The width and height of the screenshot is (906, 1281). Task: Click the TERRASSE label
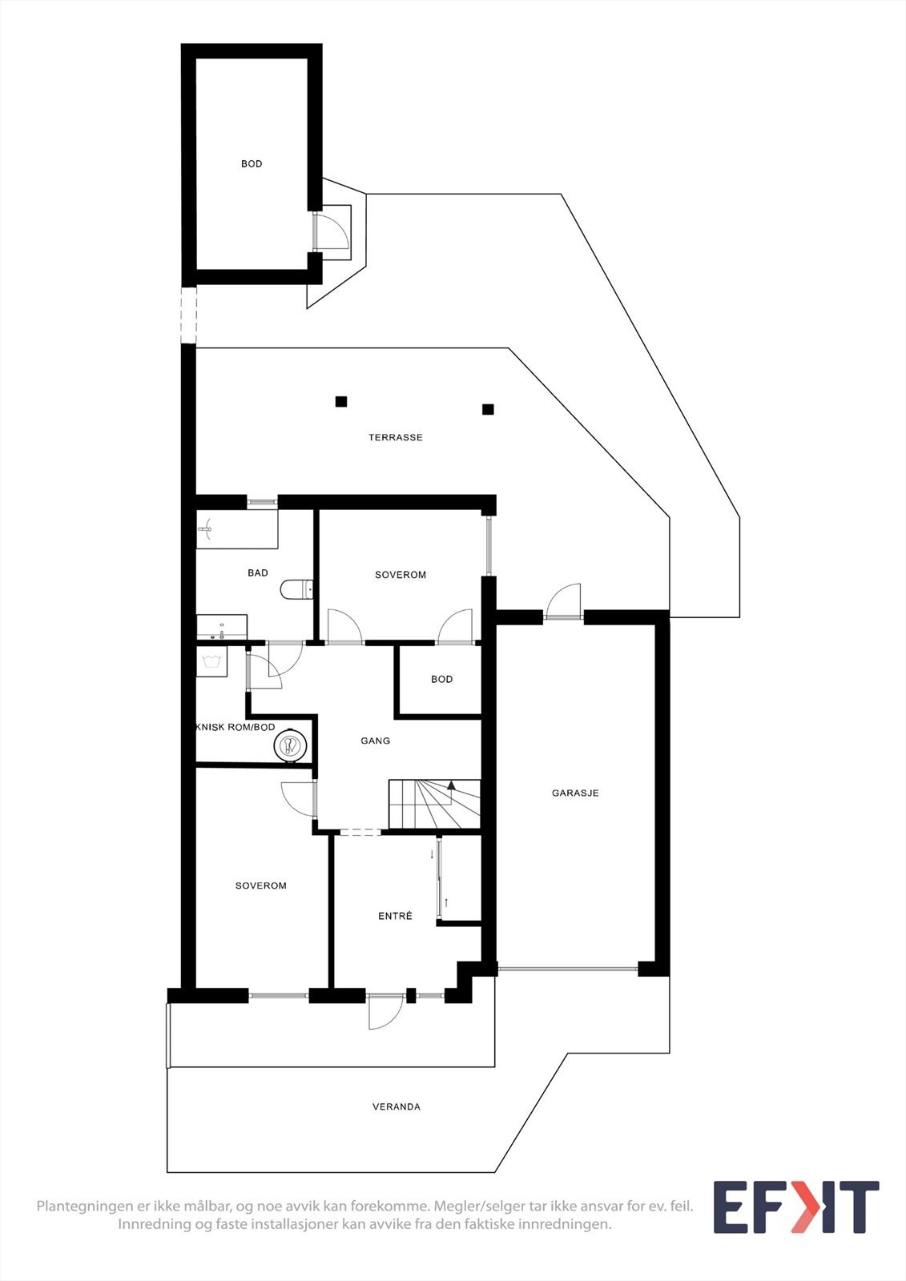(x=395, y=438)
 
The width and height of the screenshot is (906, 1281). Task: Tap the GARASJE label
(x=575, y=793)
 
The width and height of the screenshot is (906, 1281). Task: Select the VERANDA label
(x=396, y=1107)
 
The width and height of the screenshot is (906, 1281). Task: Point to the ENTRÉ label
(x=395, y=916)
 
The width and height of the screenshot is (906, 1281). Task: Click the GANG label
(x=375, y=741)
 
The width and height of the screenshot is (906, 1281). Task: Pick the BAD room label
(x=258, y=573)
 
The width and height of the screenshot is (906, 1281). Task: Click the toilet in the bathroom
(x=296, y=590)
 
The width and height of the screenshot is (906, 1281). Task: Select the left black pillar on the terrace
(x=341, y=401)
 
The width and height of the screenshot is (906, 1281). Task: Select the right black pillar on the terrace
(x=488, y=409)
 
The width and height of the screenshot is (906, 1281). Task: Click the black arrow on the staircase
(x=451, y=785)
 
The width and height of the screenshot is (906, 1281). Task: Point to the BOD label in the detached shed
(x=252, y=164)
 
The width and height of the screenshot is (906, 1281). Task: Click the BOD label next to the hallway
(x=441, y=680)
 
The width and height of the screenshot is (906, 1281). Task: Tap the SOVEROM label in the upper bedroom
(x=401, y=575)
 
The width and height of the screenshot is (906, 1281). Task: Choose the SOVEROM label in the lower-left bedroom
(x=260, y=886)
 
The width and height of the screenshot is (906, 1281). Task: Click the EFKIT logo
(x=795, y=1207)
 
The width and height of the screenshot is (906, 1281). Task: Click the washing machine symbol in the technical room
(x=212, y=661)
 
